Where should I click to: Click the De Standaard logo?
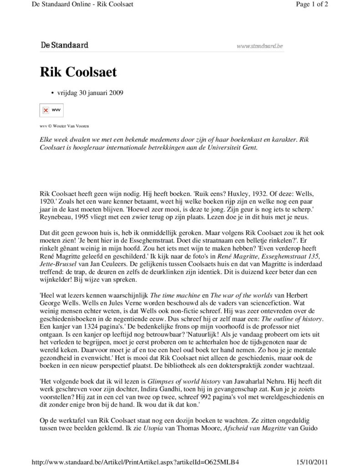click(x=64, y=45)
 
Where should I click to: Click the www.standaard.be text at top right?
click(x=260, y=46)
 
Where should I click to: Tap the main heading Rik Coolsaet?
click(x=78, y=72)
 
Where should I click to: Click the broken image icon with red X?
click(x=46, y=110)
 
